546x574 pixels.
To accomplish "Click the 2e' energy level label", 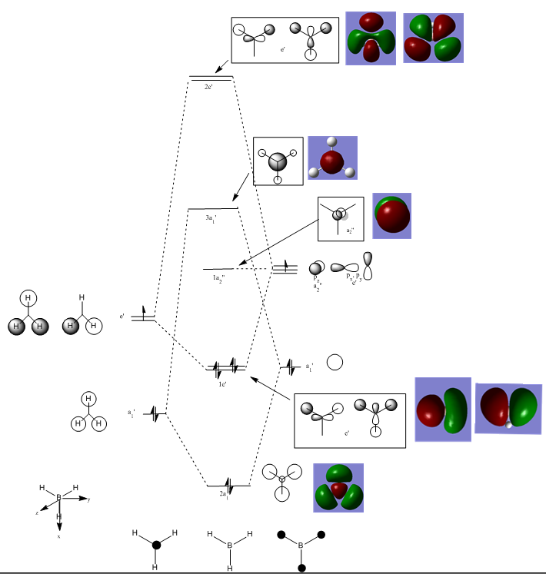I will click(x=209, y=87).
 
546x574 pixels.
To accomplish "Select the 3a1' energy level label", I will click(x=212, y=219).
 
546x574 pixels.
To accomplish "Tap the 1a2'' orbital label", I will click(x=220, y=277).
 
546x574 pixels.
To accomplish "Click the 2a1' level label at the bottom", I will click(x=224, y=494).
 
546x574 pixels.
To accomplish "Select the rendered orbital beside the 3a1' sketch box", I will click(x=332, y=161).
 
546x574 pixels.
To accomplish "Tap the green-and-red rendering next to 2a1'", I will click(x=338, y=488).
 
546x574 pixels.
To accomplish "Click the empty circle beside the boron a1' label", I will click(x=335, y=363).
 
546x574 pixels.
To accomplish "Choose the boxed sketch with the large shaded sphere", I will click(x=278, y=161).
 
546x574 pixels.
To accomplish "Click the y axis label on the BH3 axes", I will click(x=89, y=499).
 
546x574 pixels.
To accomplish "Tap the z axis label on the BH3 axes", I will click(x=37, y=511).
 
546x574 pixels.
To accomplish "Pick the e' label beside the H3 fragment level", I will click(x=122, y=316).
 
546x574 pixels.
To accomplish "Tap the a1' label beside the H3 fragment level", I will click(x=132, y=413).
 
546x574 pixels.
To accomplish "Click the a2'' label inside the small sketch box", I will click(x=349, y=230).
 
